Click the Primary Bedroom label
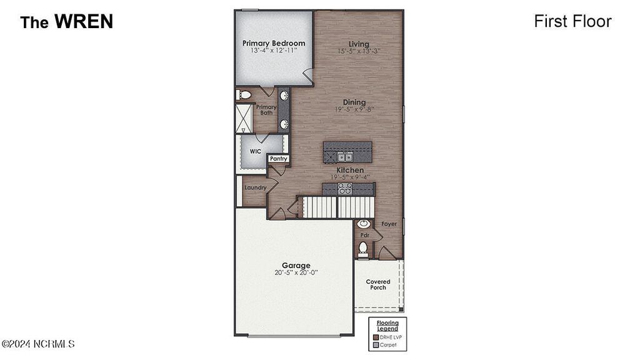[x=274, y=43]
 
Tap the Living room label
[x=359, y=43]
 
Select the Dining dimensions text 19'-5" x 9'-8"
[x=354, y=109]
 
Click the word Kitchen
[x=350, y=170]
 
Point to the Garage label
[x=296, y=265]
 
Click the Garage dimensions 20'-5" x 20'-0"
[x=296, y=273]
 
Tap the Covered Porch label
[x=378, y=284]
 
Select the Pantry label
[x=278, y=159]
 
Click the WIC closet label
[x=255, y=151]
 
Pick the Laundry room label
[x=255, y=187]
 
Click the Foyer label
[x=389, y=224]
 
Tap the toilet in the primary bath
[x=244, y=95]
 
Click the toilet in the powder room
[x=362, y=248]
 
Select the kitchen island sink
[x=345, y=156]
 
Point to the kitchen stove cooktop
[x=345, y=188]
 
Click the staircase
[x=337, y=207]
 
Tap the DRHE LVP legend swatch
[x=375, y=337]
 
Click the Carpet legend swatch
[x=375, y=344]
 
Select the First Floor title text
[x=572, y=21]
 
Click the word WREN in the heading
[x=83, y=22]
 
